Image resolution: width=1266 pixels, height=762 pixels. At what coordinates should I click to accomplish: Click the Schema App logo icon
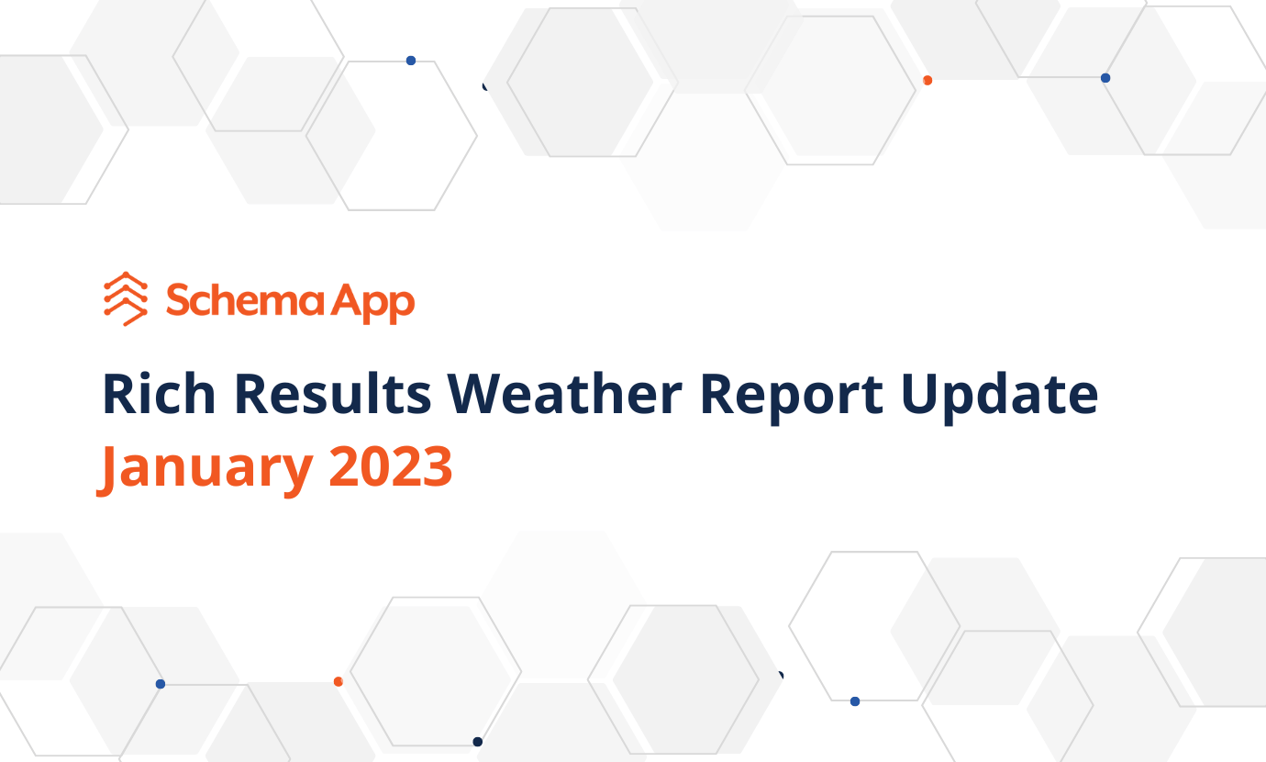tap(126, 299)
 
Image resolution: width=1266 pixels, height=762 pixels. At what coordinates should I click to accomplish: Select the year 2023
tap(391, 466)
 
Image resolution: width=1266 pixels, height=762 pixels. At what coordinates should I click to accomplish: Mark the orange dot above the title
tap(927, 81)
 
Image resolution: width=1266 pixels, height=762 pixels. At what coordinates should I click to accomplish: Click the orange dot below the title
tap(339, 681)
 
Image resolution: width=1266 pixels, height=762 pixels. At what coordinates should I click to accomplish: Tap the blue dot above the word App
tap(411, 61)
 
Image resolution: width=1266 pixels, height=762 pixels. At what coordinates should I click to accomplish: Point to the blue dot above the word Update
tap(1105, 78)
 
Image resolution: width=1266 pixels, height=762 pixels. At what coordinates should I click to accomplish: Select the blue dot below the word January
tap(161, 684)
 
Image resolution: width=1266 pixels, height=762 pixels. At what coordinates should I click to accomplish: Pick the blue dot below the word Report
tap(855, 701)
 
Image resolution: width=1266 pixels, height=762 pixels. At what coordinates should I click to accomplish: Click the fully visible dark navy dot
tap(477, 742)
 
